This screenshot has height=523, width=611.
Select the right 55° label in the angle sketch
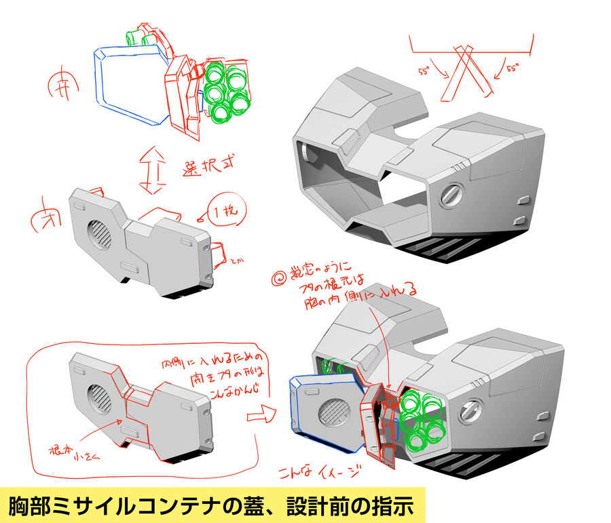(x=512, y=69)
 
